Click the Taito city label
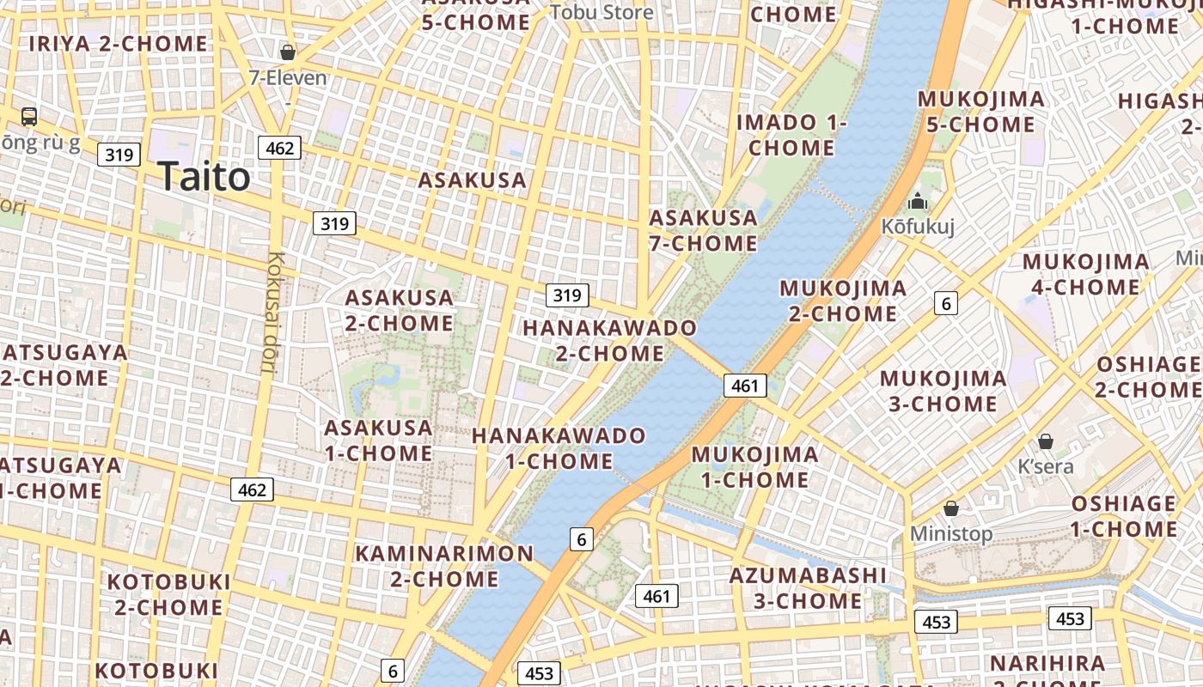[x=205, y=177]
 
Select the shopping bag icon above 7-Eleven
[x=288, y=52]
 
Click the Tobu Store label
[x=601, y=12]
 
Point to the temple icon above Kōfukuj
[x=918, y=202]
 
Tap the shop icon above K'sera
[x=1046, y=441]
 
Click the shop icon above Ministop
[x=951, y=508]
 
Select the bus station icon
[x=29, y=116]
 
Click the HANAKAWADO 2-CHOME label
[x=610, y=340]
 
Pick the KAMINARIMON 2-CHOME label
[x=444, y=565]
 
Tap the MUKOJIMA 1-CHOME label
[x=754, y=466]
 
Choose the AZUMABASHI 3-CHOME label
[x=808, y=587]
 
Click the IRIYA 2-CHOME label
[x=119, y=43]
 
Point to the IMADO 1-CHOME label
[x=791, y=135]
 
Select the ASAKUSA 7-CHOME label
[x=703, y=230]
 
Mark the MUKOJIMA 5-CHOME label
[x=980, y=112]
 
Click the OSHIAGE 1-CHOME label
[x=1124, y=515]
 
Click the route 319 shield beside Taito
[x=119, y=155]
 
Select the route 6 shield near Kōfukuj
[x=946, y=303]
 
